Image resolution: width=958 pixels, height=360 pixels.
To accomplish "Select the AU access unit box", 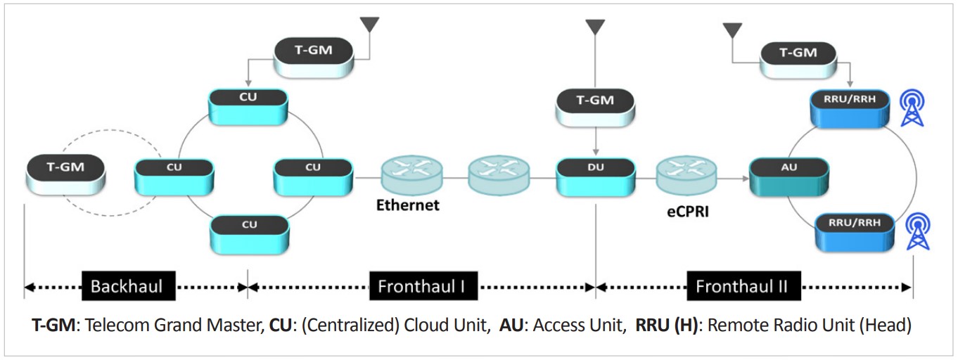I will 788,176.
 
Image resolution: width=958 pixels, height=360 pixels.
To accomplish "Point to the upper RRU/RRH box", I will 853,108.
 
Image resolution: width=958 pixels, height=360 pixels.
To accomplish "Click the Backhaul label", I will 127,286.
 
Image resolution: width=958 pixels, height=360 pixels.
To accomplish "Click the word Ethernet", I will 408,205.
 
